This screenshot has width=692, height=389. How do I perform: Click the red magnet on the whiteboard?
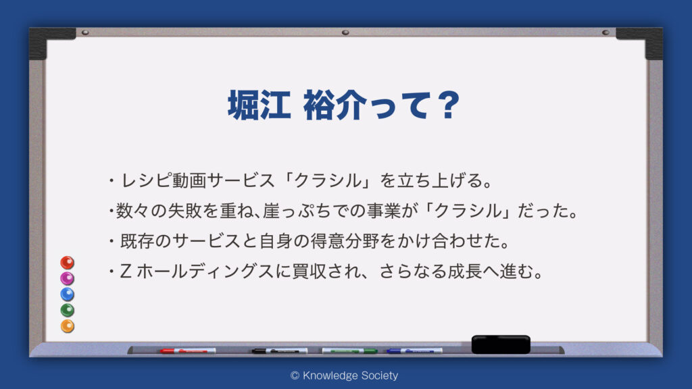67,263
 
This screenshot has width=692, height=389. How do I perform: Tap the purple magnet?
67,278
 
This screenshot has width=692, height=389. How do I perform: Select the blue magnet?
67,294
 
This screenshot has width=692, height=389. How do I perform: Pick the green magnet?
67,310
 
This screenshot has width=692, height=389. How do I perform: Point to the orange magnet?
67,326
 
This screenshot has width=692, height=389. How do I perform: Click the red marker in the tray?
188,351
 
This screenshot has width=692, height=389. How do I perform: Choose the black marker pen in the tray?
280,351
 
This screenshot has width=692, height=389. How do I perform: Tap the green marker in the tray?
349,351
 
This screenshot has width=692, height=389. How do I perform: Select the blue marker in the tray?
414,351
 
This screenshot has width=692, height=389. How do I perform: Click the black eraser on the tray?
501,344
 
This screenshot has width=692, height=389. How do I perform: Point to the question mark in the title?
449,105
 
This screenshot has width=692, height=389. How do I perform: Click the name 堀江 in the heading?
259,105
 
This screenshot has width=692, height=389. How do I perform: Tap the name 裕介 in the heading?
335,105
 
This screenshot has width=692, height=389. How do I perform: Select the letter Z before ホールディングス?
126,271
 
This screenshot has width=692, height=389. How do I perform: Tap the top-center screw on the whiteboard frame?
345,32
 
